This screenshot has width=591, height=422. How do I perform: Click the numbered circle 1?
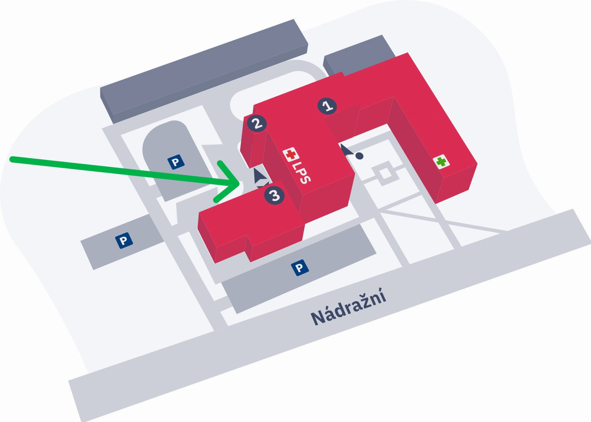[327, 106]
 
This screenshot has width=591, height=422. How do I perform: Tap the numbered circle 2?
[257, 123]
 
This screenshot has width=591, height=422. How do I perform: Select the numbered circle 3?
[274, 195]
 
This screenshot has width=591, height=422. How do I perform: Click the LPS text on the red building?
[301, 172]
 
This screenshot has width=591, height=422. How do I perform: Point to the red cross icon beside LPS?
[291, 154]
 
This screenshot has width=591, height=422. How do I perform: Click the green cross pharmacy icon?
[441, 162]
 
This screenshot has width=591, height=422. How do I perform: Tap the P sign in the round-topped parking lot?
[176, 162]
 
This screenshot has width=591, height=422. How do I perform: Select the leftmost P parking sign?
[124, 240]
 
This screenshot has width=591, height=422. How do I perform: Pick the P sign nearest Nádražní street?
[300, 267]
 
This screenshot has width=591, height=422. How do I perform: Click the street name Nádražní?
[348, 307]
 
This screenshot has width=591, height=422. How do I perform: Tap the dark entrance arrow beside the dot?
[346, 150]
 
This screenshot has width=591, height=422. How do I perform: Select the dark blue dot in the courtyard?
[359, 156]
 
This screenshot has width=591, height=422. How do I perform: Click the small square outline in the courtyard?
[385, 174]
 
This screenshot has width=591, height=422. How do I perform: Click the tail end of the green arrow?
[12, 159]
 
